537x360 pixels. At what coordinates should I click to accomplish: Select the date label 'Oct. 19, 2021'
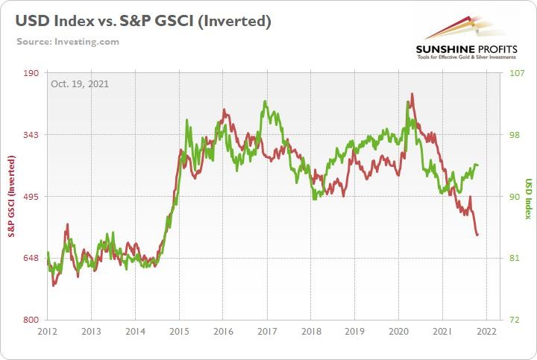tap(80, 83)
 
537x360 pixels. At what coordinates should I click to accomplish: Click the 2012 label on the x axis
tap(47, 331)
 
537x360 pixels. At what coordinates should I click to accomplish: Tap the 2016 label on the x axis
tap(223, 331)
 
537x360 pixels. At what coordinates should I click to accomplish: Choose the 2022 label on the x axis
tap(486, 331)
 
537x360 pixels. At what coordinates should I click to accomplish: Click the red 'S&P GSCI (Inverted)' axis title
tap(12, 197)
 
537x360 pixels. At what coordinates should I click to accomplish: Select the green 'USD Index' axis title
tap(527, 197)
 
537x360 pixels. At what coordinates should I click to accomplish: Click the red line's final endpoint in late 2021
tap(477, 236)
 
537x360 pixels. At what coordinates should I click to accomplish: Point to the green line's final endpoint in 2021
tap(477, 165)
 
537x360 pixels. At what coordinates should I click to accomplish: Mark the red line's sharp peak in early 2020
tap(412, 94)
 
